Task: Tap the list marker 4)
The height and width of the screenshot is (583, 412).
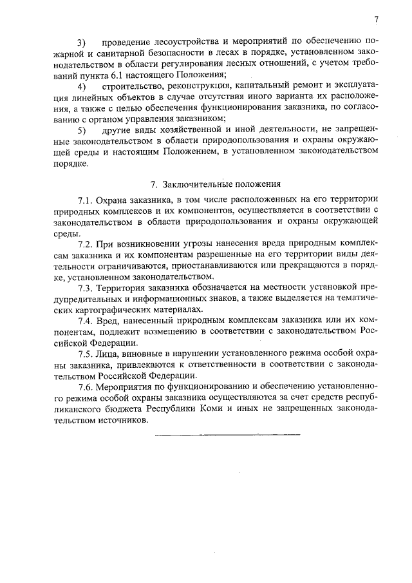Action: [x=82, y=86]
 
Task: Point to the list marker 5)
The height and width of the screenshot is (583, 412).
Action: [x=82, y=131]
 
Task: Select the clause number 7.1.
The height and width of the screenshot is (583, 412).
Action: [x=86, y=200]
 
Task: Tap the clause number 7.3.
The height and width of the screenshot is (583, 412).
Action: [x=86, y=288]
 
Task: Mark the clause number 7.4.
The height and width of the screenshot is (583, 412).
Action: [x=86, y=320]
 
